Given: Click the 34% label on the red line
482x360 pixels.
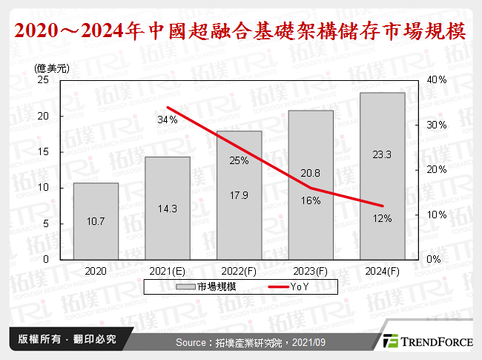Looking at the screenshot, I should click(167, 119).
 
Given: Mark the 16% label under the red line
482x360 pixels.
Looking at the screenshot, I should click(311, 200).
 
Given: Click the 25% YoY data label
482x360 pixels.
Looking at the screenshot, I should click(239, 160).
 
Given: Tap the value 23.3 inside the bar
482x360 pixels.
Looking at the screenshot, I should click(383, 154).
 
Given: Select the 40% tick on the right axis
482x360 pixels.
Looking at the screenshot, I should click(437, 79).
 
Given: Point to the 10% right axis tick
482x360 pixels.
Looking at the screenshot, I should click(437, 215).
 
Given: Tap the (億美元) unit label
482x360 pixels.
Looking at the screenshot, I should click(52, 68).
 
